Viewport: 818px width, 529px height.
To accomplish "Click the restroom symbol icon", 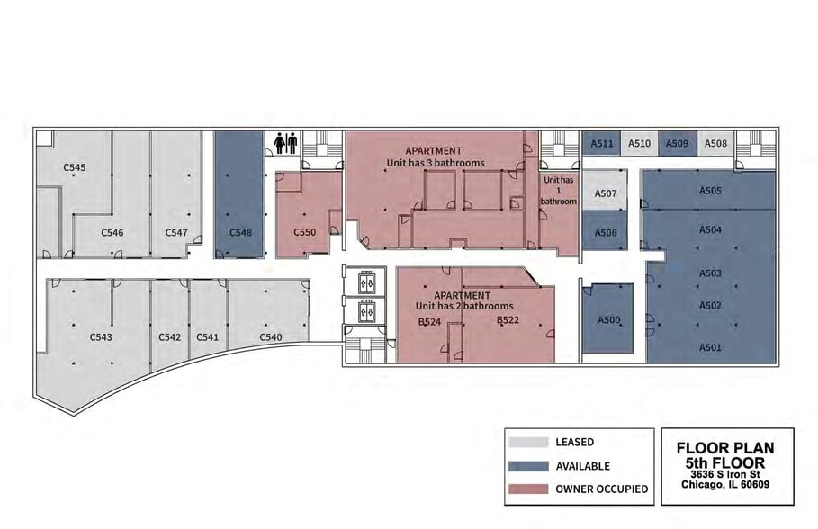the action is [285, 143].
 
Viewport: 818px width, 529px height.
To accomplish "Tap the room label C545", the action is [75, 167].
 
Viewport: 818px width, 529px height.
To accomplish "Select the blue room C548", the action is [239, 194].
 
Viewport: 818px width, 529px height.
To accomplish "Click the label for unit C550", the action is [304, 232].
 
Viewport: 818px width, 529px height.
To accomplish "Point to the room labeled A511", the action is [601, 143].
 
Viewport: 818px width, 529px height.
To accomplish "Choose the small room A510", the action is [639, 143].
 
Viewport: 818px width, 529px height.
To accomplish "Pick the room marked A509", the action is [677, 143].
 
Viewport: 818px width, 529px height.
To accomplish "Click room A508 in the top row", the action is [715, 143].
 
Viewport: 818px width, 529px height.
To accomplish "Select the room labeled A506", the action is [605, 231].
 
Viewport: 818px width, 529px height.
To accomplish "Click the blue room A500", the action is [607, 318].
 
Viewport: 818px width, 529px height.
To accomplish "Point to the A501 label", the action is [710, 347].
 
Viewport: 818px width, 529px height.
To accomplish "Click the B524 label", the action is [429, 322].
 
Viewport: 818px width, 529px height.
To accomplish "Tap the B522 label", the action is [508, 319].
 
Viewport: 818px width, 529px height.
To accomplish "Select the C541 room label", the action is [207, 337].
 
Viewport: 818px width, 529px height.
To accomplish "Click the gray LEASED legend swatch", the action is [528, 442].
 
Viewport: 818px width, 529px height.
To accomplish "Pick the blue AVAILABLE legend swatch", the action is [528, 466].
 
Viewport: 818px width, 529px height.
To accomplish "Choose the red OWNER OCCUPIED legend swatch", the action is [528, 489].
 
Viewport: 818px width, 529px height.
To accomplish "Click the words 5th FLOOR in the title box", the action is [725, 462].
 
